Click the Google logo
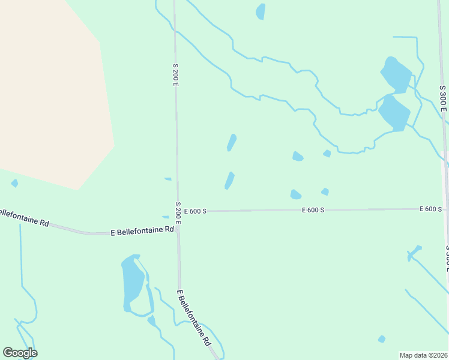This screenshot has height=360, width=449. [20, 353]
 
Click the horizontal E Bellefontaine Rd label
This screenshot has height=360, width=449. [142, 230]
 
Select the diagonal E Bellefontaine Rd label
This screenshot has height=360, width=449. [194, 317]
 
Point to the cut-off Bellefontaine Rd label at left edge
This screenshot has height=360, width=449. [24, 217]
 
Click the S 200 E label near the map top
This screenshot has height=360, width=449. [176, 74]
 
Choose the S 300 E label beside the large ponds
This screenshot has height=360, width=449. [442, 98]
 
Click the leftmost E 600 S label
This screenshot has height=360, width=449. [195, 211]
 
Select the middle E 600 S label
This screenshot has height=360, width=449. [313, 210]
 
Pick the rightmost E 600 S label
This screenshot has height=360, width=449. [431, 209]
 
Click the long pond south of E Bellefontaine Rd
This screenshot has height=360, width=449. [132, 282]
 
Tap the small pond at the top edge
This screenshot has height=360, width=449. [261, 11]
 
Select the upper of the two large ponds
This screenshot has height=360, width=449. [396, 74]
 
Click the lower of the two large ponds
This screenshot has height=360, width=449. [394, 112]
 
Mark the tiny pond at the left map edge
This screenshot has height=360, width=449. [14, 183]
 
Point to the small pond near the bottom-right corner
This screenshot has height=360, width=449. [381, 339]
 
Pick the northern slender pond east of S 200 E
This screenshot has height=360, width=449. [232, 142]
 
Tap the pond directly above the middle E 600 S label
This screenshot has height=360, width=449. [295, 194]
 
